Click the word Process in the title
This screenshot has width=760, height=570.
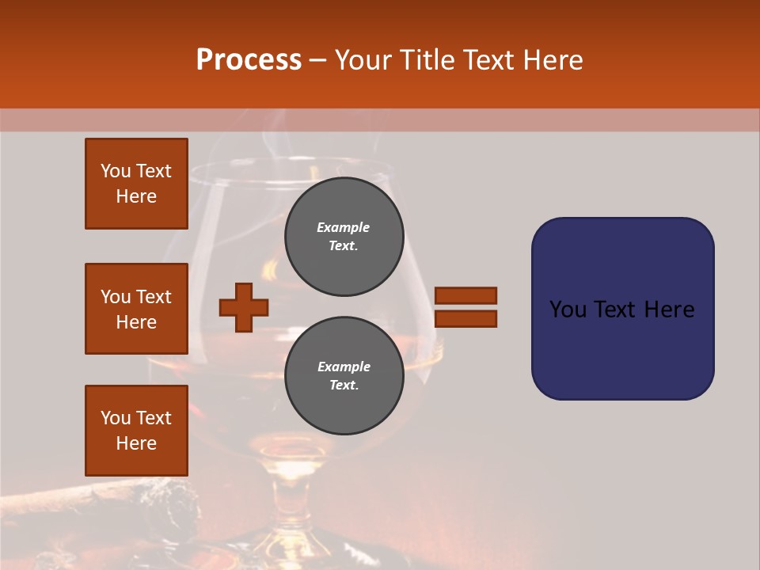click(x=249, y=60)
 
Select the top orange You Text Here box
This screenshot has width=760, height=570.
click(x=136, y=184)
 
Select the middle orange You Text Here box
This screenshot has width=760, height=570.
click(x=136, y=309)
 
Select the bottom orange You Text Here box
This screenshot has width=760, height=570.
click(x=136, y=431)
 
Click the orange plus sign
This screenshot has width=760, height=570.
click(x=244, y=307)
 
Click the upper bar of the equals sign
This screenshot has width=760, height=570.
click(x=466, y=295)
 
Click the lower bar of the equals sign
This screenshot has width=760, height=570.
click(x=466, y=319)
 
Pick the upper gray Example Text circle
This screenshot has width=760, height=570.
click(x=344, y=237)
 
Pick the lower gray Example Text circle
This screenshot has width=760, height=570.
click(x=344, y=376)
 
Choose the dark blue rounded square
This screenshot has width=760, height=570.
click(x=622, y=309)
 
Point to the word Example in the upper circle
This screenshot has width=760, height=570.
click(x=344, y=227)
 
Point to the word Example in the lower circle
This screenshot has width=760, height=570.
click(x=344, y=367)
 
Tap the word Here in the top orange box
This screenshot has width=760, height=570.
click(x=136, y=196)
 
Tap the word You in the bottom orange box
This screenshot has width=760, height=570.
click(x=116, y=418)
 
